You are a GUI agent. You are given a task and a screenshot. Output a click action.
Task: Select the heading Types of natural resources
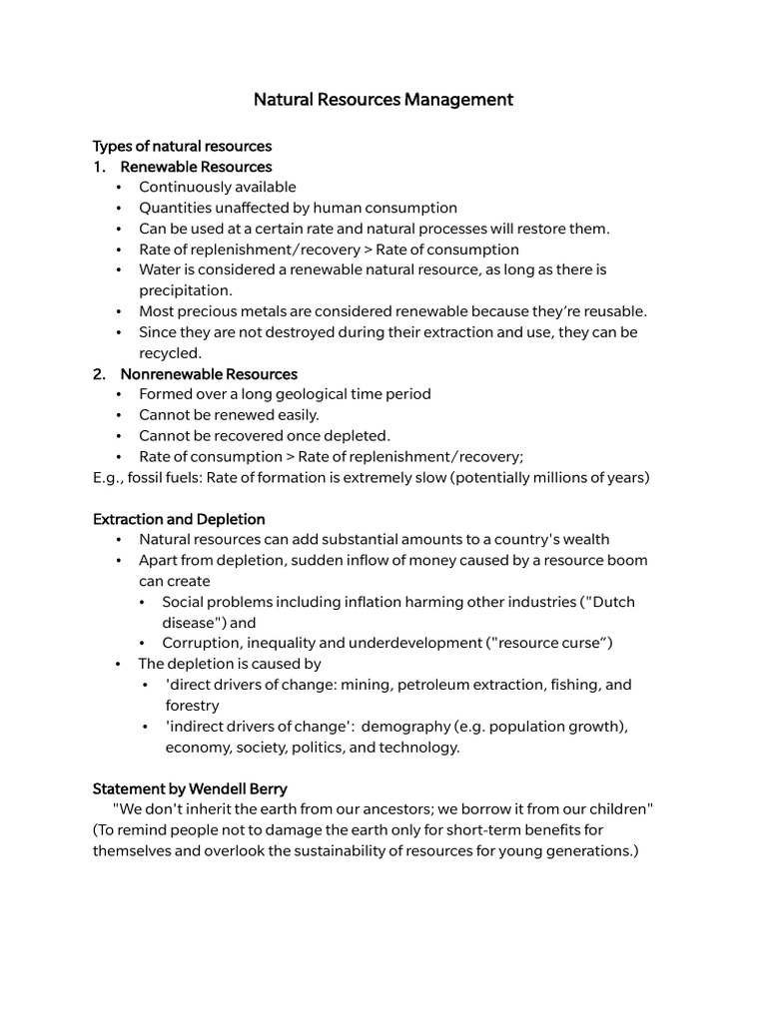pos(182,146)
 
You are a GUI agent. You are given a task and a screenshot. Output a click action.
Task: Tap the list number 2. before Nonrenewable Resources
pos(100,374)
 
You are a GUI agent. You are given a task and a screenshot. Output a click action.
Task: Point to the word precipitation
pos(185,290)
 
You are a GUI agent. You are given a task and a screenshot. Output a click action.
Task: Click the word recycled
pos(170,352)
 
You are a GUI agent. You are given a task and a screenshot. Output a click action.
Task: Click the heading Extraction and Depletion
pos(179,519)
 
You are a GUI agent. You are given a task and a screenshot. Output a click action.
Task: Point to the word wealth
pos(586,540)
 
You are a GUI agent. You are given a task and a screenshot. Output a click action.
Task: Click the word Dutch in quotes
pos(611,602)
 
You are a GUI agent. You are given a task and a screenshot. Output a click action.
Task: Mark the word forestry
pos(192,706)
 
